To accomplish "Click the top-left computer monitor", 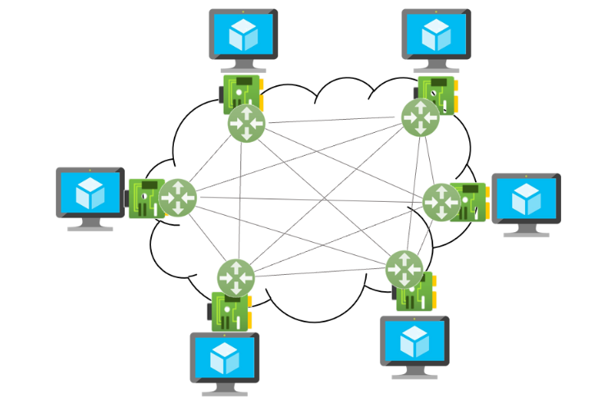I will pyautogui.click(x=243, y=34).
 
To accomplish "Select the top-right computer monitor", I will pyautogui.click(x=436, y=34).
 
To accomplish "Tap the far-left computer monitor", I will pyautogui.click(x=90, y=193).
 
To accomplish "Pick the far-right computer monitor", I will pyautogui.click(x=526, y=199).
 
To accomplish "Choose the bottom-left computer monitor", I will pyautogui.click(x=224, y=357).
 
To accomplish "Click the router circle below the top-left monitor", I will pyautogui.click(x=247, y=123).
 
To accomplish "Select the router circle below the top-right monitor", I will pyautogui.click(x=421, y=117).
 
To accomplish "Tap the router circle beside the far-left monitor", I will pyautogui.click(x=178, y=198).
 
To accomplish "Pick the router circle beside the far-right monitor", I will pyautogui.click(x=441, y=201).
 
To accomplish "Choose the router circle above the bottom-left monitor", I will pyautogui.click(x=236, y=277).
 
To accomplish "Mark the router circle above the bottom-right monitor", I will pyautogui.click(x=404, y=268).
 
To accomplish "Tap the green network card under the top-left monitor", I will pyautogui.click(x=241, y=91).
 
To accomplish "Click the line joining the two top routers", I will pyautogui.click(x=334, y=121).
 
